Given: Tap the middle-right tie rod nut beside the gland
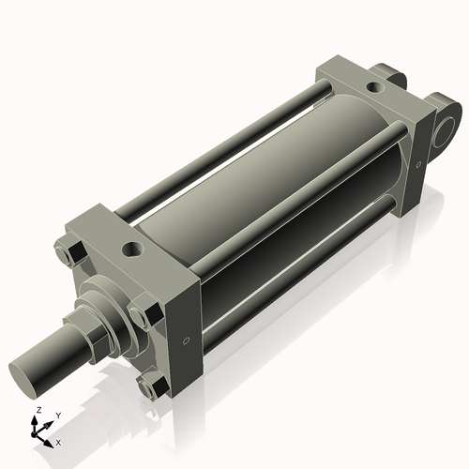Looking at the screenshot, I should point(144,314).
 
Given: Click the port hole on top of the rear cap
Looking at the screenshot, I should point(375,88).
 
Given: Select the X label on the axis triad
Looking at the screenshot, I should point(59,441).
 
